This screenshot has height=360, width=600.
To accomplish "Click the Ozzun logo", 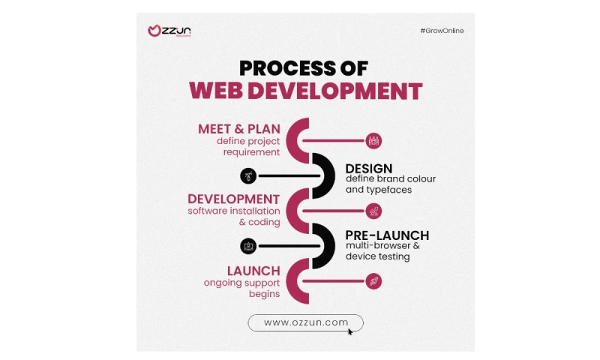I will [169, 31].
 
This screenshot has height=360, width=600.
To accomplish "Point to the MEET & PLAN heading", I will [239, 129].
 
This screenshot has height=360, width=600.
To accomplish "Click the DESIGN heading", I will [368, 169].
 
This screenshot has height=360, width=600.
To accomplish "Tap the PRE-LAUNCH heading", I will [387, 235].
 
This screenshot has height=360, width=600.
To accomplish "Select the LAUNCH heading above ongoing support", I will [253, 271].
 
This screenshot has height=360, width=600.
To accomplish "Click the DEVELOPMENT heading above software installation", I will [234, 199].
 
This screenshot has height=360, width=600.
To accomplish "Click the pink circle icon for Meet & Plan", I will [373, 140].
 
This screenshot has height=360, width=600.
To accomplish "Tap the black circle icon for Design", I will [248, 175].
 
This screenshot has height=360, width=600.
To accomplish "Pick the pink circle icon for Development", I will [373, 211].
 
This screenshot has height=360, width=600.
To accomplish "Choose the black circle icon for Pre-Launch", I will [248, 246].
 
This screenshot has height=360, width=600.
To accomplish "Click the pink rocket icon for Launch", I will [373, 281].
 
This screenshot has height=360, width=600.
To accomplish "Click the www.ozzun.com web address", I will [306, 322].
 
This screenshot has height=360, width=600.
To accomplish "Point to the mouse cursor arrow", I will [350, 331].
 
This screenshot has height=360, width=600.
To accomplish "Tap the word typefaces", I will [388, 190].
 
